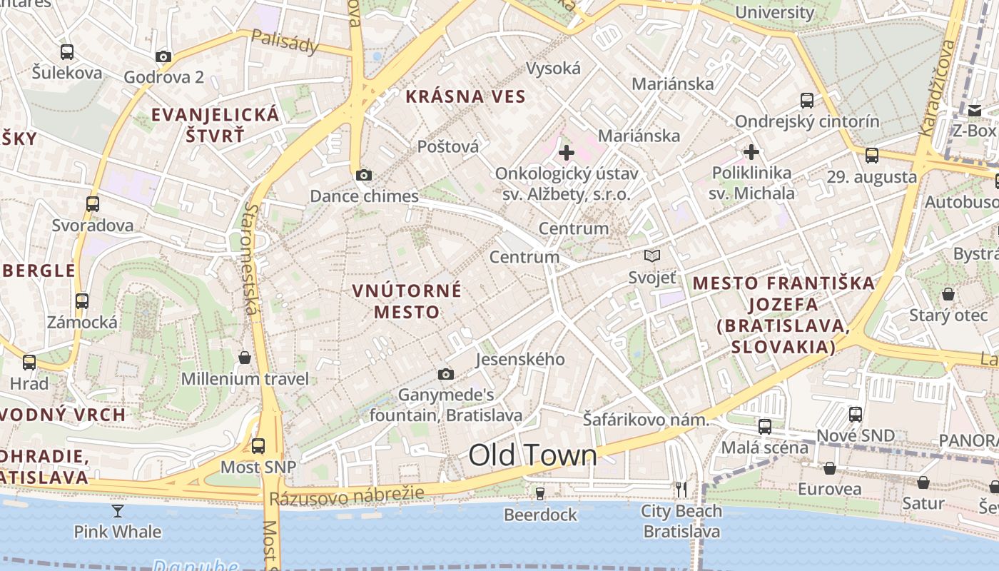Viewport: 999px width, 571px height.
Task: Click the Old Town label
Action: click(532, 455)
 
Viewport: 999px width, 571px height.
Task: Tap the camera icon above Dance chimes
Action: click(363, 175)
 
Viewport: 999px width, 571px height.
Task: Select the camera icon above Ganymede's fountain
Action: click(446, 374)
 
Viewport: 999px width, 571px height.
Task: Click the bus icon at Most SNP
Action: click(258, 446)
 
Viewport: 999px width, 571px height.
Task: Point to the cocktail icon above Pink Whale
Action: click(118, 510)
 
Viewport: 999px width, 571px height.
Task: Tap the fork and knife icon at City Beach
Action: click(681, 489)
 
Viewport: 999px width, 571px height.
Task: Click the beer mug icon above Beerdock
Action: click(540, 493)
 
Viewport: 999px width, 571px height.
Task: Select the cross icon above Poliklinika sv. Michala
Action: click(751, 152)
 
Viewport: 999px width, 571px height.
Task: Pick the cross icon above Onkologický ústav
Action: click(567, 152)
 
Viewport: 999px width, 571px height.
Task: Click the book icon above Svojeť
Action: click(651, 256)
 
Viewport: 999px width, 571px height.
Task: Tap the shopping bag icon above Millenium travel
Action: click(245, 357)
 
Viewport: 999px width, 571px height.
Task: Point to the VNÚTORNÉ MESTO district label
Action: click(407, 301)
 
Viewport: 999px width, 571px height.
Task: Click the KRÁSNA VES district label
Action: click(466, 97)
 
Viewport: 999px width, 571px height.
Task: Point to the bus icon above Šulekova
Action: click(66, 52)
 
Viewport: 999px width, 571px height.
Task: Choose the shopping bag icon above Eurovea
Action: click(829, 468)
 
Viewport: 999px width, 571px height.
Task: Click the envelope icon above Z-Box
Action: click(975, 110)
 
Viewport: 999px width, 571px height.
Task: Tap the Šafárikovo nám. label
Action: click(646, 420)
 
